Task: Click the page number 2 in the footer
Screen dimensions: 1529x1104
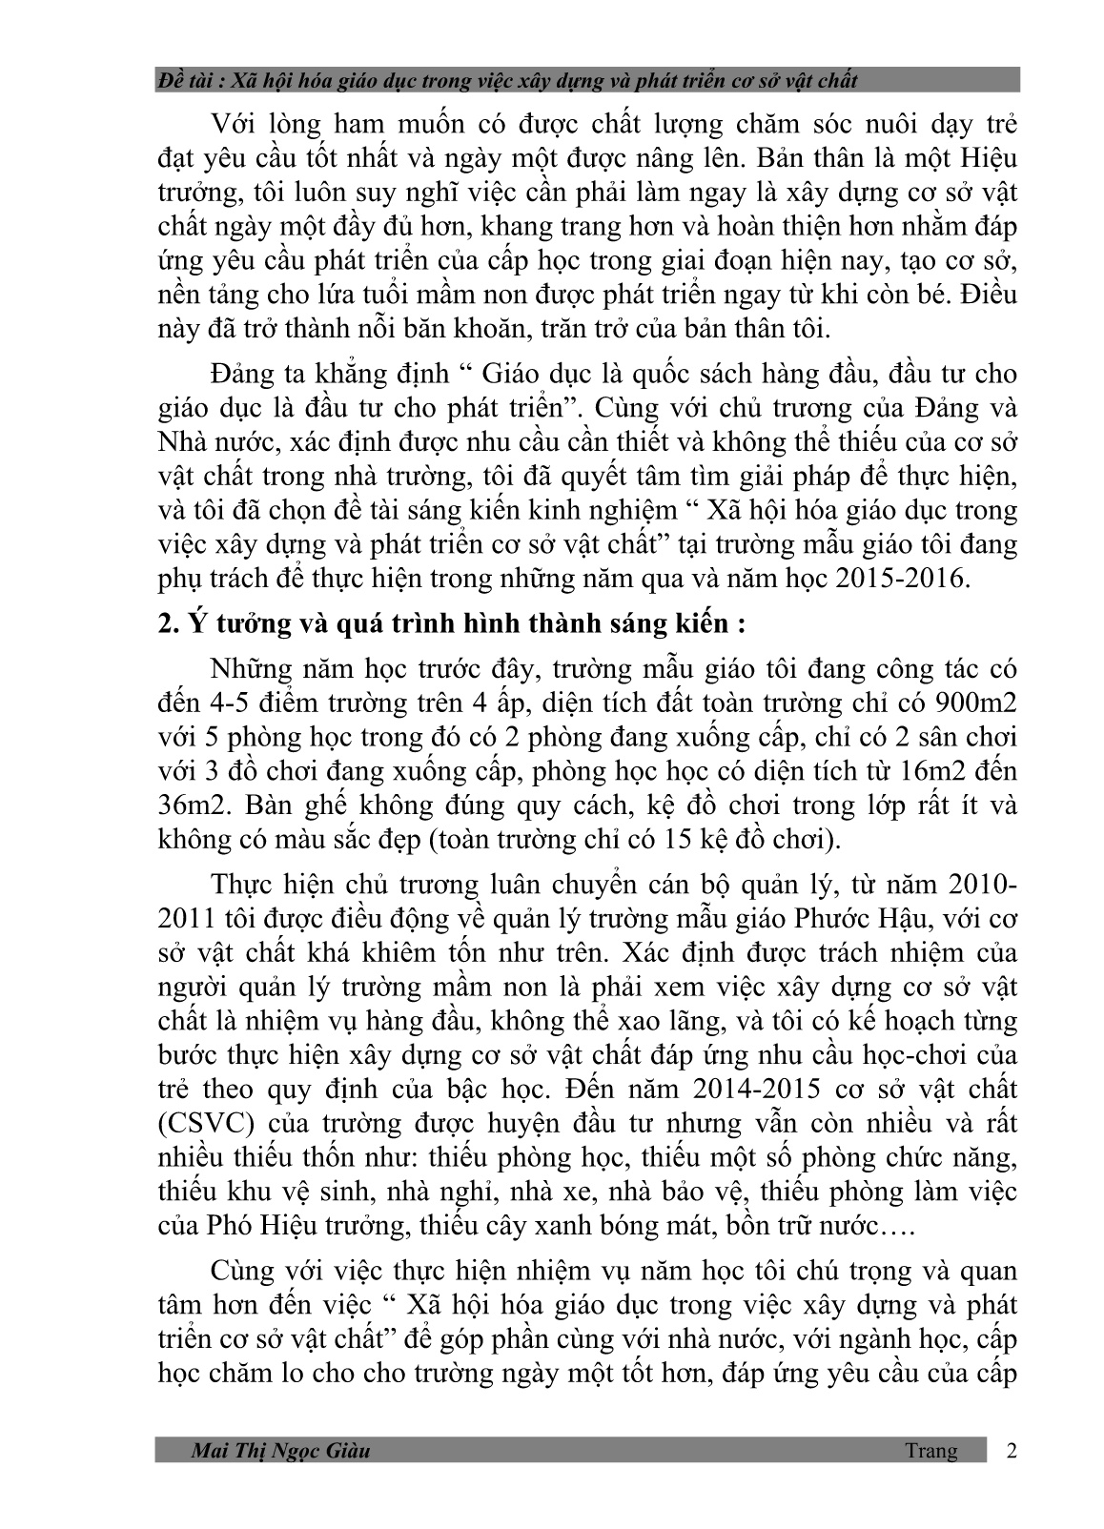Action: (x=1012, y=1451)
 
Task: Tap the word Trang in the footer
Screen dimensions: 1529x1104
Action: (x=931, y=1451)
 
